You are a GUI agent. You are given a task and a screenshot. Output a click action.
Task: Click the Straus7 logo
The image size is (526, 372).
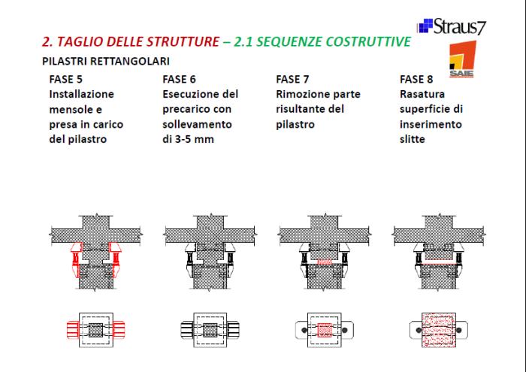pyautogui.click(x=452, y=26)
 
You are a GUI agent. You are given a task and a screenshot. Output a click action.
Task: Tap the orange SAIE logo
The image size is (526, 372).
pyautogui.click(x=463, y=59)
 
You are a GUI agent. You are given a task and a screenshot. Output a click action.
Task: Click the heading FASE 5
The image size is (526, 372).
pyautogui.click(x=66, y=79)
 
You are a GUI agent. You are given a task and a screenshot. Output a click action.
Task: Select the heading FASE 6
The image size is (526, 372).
pyautogui.click(x=179, y=79)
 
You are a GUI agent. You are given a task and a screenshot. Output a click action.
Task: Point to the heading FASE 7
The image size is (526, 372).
pyautogui.click(x=292, y=79)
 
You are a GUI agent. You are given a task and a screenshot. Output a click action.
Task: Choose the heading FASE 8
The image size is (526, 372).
pyautogui.click(x=416, y=79)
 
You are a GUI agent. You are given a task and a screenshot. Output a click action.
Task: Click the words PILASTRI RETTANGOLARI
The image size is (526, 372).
pyautogui.click(x=106, y=61)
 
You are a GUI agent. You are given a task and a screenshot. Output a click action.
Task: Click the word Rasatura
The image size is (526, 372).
pyautogui.click(x=422, y=94)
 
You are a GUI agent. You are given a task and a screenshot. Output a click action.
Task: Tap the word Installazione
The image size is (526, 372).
pyautogui.click(x=81, y=94)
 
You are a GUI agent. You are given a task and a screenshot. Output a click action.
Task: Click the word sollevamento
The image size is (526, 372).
pyautogui.click(x=197, y=125)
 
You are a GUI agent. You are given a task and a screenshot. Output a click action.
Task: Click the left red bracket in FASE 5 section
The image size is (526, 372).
pyautogui.click(x=77, y=259)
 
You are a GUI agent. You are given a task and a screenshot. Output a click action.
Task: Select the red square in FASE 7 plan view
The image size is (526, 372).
pyautogui.click(x=325, y=330)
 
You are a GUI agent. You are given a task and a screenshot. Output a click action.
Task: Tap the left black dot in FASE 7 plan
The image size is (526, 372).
pyautogui.click(x=304, y=331)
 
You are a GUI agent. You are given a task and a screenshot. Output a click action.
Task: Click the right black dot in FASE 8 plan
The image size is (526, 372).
pyautogui.click(x=459, y=331)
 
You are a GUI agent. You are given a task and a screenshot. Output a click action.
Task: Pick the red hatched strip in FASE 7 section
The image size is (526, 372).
pyautogui.click(x=325, y=262)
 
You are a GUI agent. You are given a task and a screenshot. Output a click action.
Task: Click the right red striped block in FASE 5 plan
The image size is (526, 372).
pyautogui.click(x=119, y=330)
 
